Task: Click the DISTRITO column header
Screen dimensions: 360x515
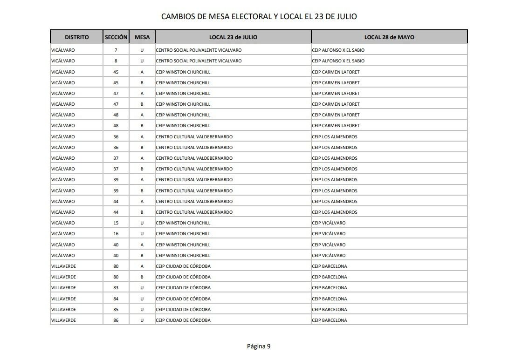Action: point(76,37)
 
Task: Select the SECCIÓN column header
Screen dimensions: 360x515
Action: point(116,37)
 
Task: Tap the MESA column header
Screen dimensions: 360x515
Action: point(142,37)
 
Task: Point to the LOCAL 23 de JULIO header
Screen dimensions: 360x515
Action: point(233,37)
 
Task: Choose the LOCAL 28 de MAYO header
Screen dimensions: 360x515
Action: point(389,37)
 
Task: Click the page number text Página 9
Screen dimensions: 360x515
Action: point(259,346)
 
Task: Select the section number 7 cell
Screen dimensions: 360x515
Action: point(116,50)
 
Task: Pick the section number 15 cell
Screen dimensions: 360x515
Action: point(116,223)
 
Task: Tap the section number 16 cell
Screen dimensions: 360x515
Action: point(116,234)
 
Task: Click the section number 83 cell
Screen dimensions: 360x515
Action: point(116,288)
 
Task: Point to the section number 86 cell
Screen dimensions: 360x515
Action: point(116,320)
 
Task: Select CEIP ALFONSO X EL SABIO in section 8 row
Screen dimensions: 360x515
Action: point(338,61)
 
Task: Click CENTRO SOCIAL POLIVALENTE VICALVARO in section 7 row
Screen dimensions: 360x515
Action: point(199,50)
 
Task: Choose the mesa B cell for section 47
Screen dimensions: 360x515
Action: point(142,104)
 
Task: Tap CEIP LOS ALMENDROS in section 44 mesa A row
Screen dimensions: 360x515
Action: point(335,202)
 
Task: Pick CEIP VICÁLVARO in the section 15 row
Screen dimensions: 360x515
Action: point(329,223)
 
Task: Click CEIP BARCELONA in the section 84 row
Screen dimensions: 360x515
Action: point(330,299)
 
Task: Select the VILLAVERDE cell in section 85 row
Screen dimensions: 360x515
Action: point(63,310)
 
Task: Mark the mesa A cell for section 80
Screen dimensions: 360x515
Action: point(142,266)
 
